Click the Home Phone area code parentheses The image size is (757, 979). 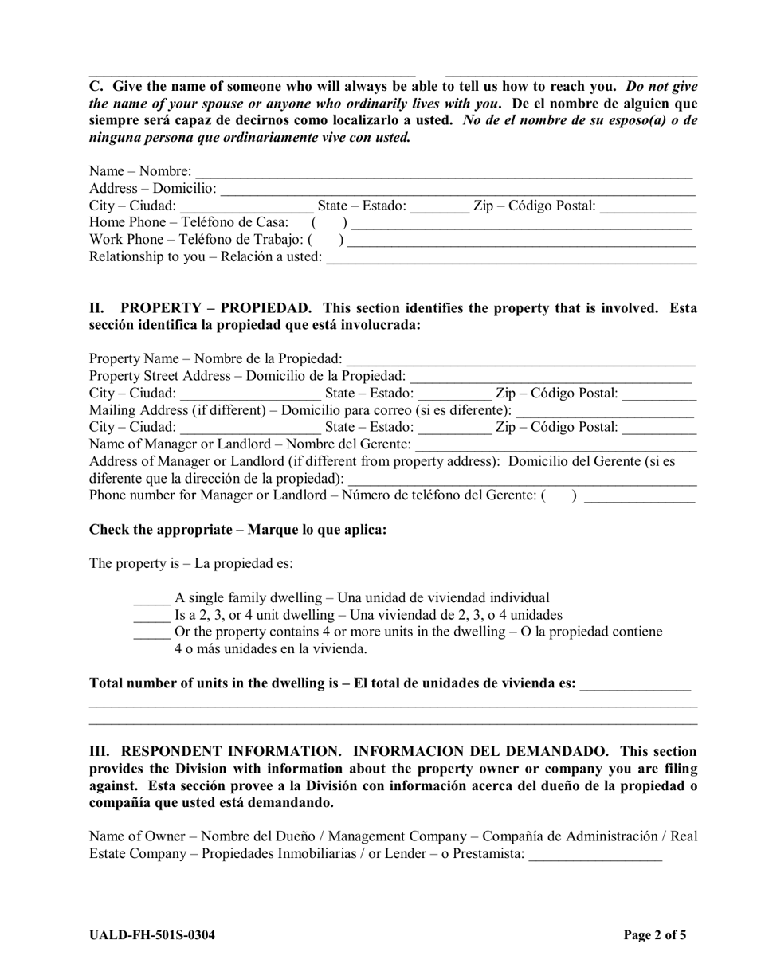click(x=329, y=223)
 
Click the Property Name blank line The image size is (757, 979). click(x=521, y=361)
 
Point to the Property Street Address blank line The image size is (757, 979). click(x=551, y=378)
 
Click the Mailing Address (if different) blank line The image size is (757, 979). click(x=605, y=412)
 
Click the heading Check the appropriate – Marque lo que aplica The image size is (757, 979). click(x=237, y=530)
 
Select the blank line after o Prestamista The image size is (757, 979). click(x=594, y=856)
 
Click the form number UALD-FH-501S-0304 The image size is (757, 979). click(x=151, y=935)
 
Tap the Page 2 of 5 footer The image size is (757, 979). click(x=654, y=935)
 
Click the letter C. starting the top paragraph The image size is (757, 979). click(x=96, y=87)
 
